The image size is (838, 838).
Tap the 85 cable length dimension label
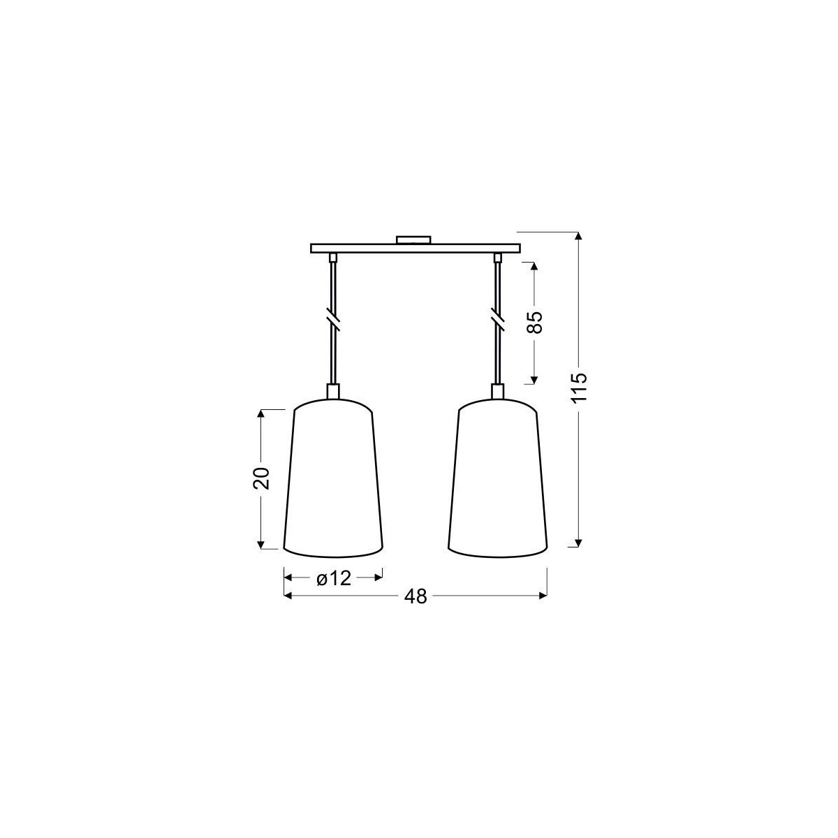(534, 323)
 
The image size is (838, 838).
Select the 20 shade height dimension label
(261, 478)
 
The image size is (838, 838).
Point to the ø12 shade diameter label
(332, 578)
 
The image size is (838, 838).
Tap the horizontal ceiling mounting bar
(416, 248)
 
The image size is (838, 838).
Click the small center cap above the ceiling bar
(414, 240)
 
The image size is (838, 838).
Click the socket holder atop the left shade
(333, 390)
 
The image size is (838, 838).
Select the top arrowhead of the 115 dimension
(578, 237)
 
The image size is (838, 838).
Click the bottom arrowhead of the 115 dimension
(578, 542)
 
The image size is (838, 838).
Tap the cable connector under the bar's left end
(333, 258)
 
